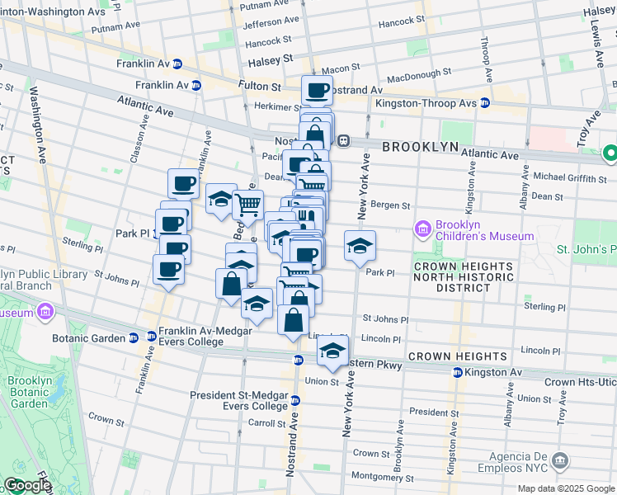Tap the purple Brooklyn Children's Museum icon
(423, 229)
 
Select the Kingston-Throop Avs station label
(426, 103)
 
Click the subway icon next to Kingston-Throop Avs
(486, 103)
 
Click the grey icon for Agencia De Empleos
(561, 460)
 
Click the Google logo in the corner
(26, 485)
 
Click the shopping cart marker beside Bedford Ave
(247, 202)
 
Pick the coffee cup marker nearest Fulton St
(316, 90)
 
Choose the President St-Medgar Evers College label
(239, 400)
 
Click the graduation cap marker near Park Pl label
(360, 246)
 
